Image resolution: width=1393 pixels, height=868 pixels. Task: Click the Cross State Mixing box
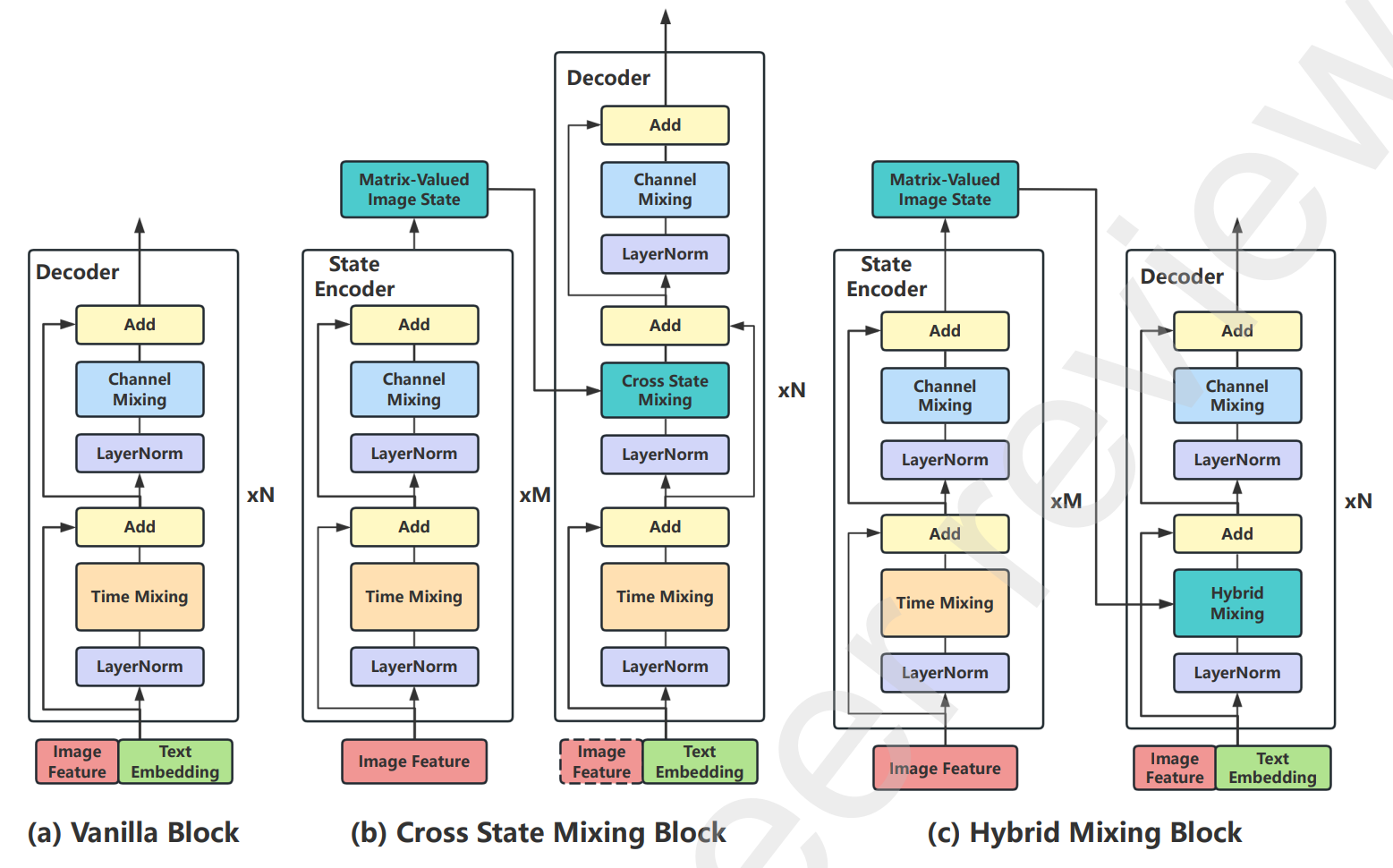(x=665, y=390)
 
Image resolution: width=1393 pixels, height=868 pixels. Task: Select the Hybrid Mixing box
(x=1236, y=603)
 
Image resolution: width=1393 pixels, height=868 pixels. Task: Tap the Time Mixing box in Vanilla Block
(x=140, y=597)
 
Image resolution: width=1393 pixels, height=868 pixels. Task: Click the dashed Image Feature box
(x=601, y=762)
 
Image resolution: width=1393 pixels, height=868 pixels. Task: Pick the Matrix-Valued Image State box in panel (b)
(x=414, y=190)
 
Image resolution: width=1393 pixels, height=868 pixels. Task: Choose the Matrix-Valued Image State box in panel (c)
(x=945, y=190)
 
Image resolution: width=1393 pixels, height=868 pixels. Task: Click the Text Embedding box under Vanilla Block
(x=175, y=762)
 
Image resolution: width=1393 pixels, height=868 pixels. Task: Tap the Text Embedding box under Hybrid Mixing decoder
(x=1272, y=768)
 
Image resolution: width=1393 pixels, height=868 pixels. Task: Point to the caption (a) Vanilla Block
(x=133, y=833)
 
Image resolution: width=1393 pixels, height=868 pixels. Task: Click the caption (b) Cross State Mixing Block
(x=538, y=833)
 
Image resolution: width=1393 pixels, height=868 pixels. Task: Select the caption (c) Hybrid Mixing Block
(x=1084, y=833)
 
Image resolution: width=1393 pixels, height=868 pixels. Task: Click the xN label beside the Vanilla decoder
(x=260, y=495)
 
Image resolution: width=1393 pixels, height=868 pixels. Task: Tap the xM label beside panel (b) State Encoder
(x=535, y=495)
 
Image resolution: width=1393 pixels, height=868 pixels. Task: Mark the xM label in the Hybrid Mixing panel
(x=1066, y=501)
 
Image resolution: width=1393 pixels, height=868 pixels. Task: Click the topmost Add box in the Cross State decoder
(x=665, y=125)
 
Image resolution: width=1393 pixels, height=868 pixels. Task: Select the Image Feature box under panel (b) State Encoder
(x=414, y=762)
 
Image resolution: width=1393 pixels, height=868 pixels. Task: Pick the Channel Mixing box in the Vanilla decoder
(x=140, y=389)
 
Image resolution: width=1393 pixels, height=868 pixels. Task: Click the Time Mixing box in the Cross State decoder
(x=665, y=597)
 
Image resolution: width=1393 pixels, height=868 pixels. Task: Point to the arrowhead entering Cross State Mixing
(x=593, y=390)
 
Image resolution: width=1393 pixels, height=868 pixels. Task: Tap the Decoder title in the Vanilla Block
(x=78, y=272)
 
